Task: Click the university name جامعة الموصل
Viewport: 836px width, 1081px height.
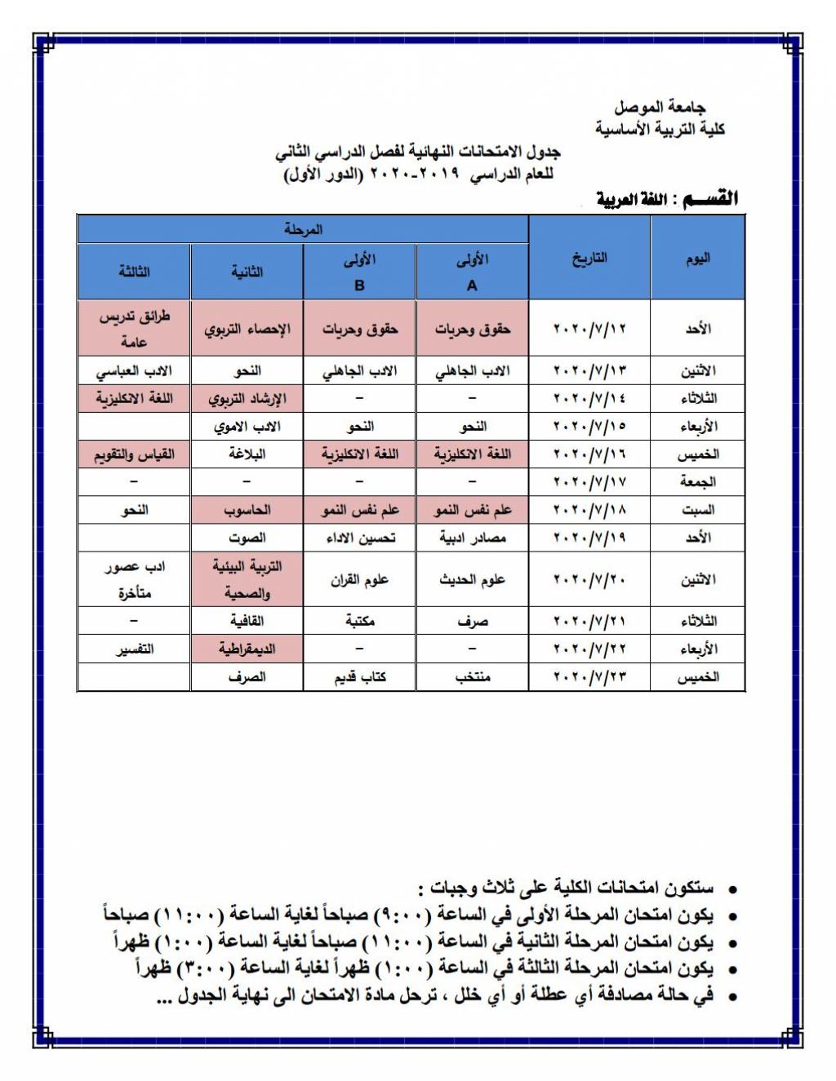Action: click(660, 107)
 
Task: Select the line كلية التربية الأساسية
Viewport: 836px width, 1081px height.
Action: click(660, 129)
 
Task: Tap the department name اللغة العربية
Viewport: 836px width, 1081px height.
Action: click(632, 200)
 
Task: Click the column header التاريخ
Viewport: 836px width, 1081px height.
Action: click(589, 259)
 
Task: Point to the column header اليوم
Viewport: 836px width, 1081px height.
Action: click(697, 259)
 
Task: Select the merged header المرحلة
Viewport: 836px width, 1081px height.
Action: click(303, 230)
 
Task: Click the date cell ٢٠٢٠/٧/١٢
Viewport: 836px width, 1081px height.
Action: click(589, 329)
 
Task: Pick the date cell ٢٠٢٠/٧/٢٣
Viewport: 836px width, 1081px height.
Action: click(589, 677)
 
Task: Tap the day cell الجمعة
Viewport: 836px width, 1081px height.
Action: click(697, 482)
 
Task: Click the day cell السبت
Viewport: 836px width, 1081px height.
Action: click(697, 510)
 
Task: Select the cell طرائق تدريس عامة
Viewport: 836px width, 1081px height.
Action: click(135, 329)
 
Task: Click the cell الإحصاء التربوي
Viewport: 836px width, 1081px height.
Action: click(247, 329)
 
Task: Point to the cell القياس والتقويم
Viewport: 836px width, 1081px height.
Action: click(135, 454)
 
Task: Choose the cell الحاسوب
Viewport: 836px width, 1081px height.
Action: click(247, 510)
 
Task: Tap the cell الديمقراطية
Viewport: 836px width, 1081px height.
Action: click(247, 649)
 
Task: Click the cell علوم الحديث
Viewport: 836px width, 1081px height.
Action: click(472, 580)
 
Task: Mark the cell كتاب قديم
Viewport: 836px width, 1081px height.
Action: click(359, 677)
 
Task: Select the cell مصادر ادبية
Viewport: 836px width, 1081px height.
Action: click(472, 538)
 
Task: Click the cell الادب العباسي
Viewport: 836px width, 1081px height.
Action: click(135, 371)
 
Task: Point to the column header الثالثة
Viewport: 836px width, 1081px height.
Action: click(135, 272)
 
